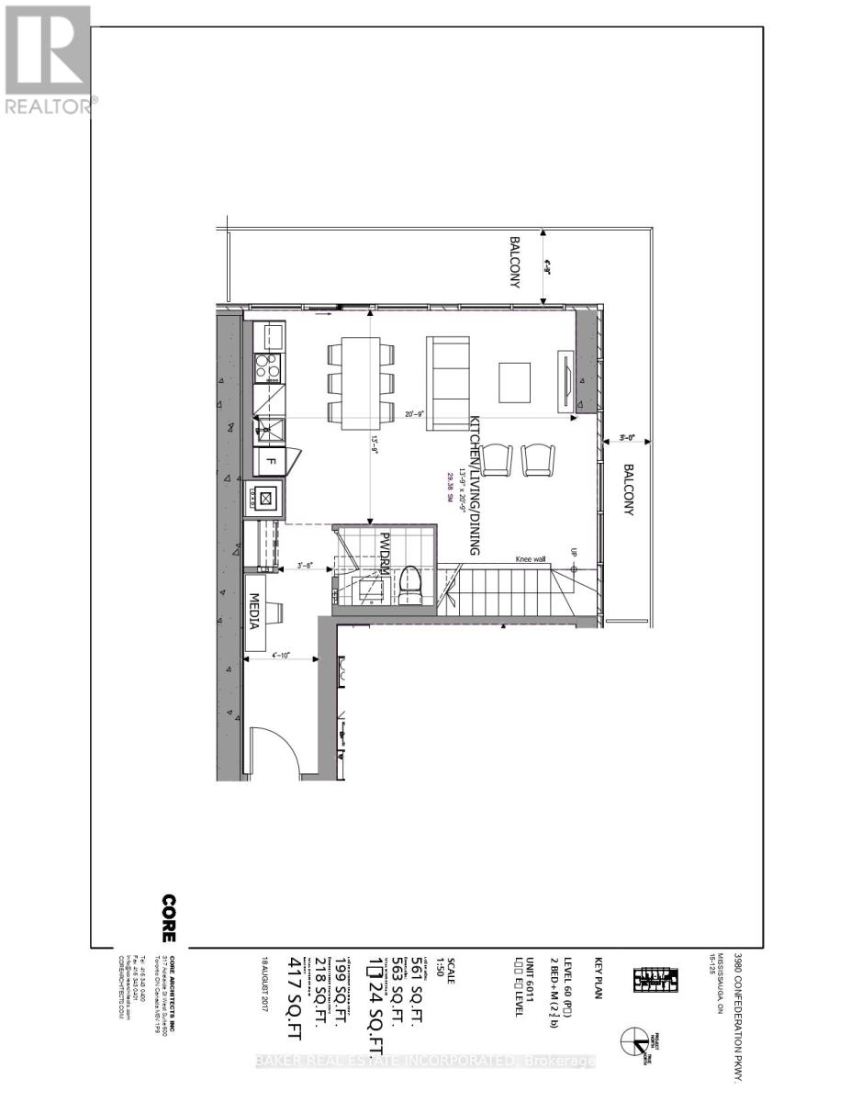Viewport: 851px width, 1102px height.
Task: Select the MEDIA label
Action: (x=254, y=611)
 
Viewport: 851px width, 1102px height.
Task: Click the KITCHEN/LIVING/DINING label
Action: (x=476, y=487)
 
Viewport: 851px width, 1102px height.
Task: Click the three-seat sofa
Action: (x=448, y=378)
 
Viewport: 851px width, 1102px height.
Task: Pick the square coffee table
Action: (x=514, y=381)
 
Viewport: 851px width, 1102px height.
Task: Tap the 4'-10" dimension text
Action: (x=280, y=656)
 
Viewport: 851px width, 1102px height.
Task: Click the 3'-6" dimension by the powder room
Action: (x=304, y=565)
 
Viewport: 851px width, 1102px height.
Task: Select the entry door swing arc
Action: (x=285, y=748)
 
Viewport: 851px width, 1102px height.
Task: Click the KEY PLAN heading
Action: (x=598, y=978)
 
